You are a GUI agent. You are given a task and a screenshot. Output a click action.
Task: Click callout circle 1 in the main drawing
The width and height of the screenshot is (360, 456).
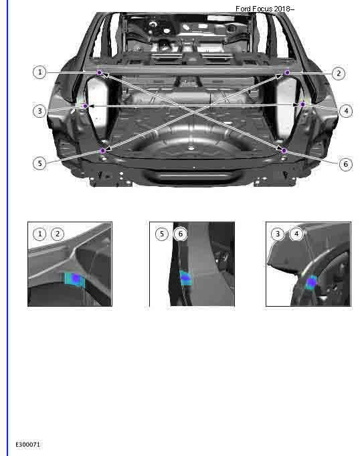40,72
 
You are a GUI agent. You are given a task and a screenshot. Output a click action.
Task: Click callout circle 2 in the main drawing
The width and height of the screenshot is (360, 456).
338,73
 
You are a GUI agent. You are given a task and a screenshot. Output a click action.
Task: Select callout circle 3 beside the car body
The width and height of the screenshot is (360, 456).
40,110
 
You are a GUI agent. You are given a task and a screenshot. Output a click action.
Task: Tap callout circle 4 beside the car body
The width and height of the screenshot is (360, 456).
345,110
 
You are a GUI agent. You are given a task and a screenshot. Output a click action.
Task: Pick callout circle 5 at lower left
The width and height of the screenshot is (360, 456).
40,163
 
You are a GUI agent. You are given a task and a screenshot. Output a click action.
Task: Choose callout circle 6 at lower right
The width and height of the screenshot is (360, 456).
345,163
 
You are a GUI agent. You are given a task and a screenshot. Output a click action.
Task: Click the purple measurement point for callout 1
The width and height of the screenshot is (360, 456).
99,72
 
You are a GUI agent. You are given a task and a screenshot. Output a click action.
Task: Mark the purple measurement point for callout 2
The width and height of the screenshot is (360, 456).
288,72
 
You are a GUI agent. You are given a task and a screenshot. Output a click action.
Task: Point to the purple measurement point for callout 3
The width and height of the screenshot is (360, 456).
85,105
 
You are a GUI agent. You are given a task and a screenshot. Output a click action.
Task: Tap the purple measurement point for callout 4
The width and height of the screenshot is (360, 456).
303,104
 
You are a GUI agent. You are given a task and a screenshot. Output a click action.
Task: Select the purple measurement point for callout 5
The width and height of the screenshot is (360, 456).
102,151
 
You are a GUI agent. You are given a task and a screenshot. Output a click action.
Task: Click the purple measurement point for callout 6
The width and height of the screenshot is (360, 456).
284,151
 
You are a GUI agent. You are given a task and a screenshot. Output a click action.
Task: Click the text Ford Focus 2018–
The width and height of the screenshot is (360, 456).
265,9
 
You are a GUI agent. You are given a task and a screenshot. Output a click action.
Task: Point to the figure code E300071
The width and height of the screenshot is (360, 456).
28,444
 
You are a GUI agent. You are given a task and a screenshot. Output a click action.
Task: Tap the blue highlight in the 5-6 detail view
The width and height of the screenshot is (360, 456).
185,277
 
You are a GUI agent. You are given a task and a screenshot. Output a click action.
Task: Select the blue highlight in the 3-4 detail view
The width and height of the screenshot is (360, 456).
311,283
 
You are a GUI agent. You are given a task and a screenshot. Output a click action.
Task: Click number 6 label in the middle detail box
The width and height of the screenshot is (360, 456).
179,234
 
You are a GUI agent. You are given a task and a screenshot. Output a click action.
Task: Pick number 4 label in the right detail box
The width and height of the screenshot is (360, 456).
296,234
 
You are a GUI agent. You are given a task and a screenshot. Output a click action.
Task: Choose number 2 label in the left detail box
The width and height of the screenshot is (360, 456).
58,234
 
